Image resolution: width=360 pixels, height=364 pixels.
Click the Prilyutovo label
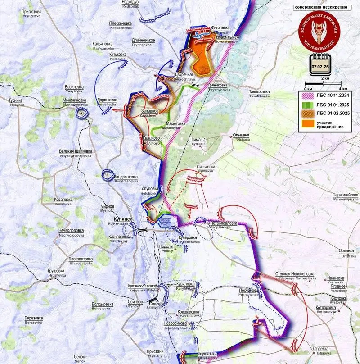(28, 14)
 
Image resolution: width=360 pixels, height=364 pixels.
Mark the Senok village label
(80, 359)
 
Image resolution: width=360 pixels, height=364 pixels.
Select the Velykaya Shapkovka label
(76, 153)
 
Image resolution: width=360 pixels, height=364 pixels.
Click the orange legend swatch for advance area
(307, 124)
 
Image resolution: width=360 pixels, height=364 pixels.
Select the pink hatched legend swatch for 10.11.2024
(307, 96)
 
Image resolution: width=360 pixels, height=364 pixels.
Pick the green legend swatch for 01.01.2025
(307, 105)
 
